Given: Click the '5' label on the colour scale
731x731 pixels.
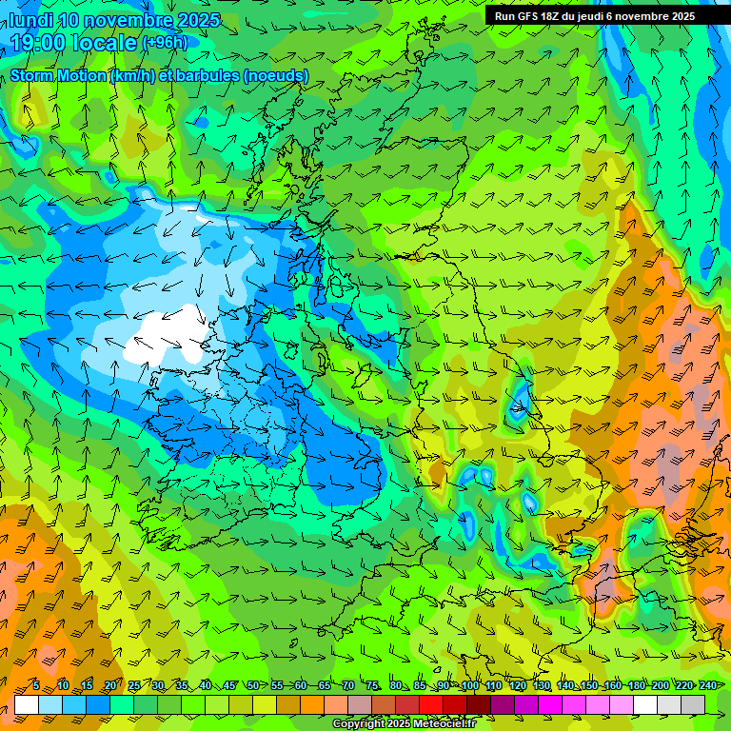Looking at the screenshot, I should [x=35, y=686].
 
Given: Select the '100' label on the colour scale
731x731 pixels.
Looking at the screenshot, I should [x=469, y=686].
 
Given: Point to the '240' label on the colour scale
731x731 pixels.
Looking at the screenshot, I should [x=707, y=686].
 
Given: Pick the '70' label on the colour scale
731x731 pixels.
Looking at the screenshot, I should [x=347, y=686].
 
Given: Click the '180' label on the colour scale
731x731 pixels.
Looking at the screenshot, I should [x=636, y=686].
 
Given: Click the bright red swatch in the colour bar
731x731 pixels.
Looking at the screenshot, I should [x=431, y=704].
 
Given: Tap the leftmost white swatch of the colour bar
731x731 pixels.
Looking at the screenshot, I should [x=27, y=704].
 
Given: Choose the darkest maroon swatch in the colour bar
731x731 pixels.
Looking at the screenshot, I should [x=479, y=704].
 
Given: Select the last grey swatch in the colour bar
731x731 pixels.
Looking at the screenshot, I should [x=693, y=704].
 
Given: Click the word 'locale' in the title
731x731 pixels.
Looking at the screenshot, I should [x=102, y=42].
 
